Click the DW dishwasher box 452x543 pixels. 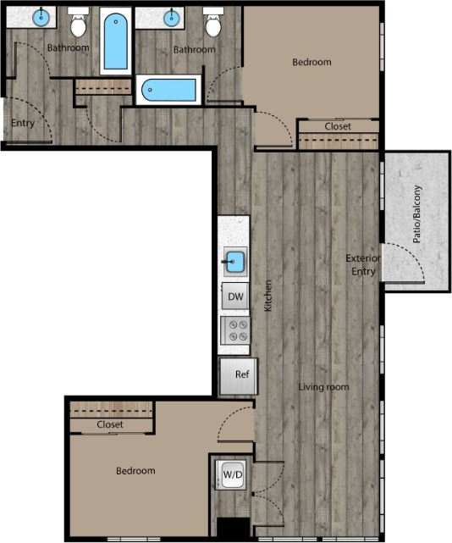pos(234,297)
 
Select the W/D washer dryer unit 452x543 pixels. pos(231,474)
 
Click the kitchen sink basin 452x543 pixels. pos(234,263)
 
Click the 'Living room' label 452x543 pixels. pos(323,387)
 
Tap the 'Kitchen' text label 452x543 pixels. pos(267,296)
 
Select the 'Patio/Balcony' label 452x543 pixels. pos(417,214)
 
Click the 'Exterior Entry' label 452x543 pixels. pos(364,264)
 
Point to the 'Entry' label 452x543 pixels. pos(22,124)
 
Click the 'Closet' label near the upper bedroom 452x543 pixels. pos(338,126)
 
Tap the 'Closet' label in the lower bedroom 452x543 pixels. pos(109,424)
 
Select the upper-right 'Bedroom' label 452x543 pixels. pos(311,62)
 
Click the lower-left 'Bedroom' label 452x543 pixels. pos(135,470)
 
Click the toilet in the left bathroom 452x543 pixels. pos(79,25)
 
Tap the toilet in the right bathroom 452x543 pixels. pos(213,25)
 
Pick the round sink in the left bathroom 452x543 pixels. pos(42,16)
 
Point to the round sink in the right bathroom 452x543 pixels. pos(174,16)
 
